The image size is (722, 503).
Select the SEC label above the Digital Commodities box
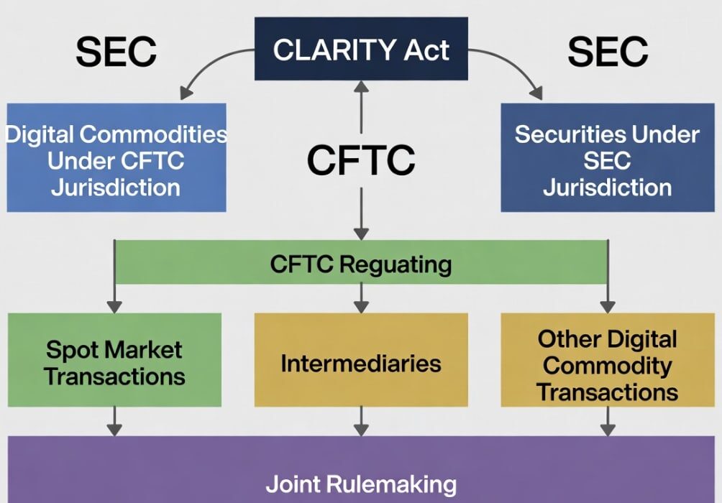pos(116,52)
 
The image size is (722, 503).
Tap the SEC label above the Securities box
pos(608,52)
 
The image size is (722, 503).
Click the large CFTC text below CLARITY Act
pos(361,160)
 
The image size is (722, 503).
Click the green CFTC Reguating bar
pos(361,263)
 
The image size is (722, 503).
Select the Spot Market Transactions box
pos(114,364)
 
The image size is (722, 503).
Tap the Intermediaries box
pos(361,364)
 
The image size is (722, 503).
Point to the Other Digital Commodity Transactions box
pos(607,365)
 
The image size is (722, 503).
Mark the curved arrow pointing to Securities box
pos(515,68)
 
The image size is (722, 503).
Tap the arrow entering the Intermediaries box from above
pos(361,297)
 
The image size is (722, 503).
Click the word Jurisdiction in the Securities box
pos(607,188)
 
